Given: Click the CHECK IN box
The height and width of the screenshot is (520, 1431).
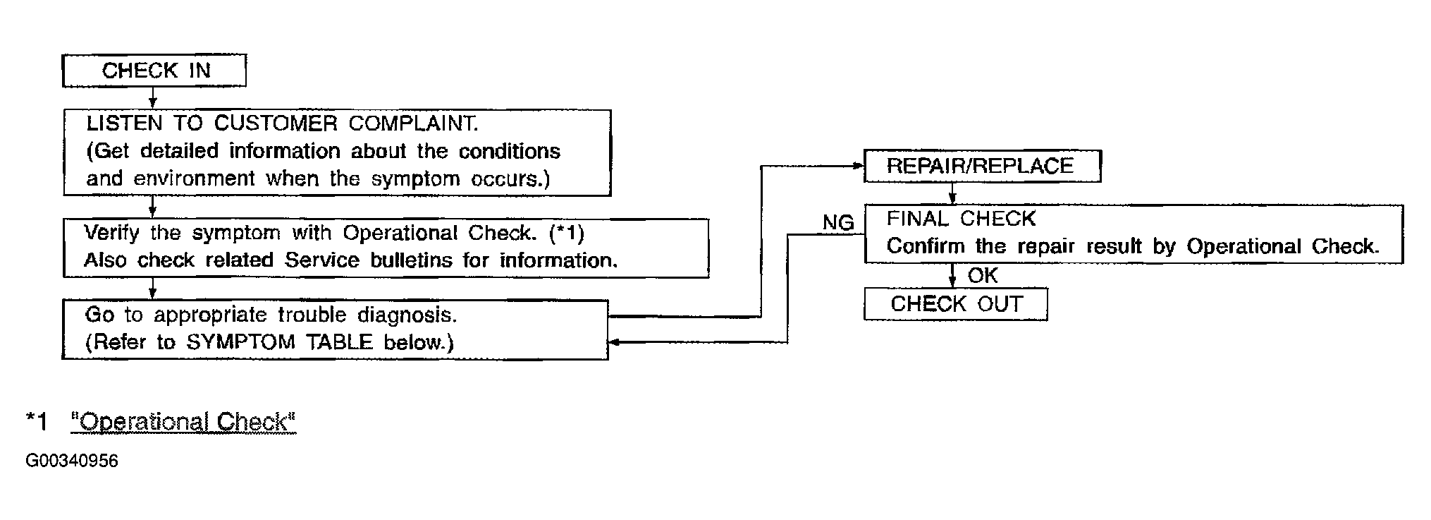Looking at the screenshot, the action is (x=154, y=71).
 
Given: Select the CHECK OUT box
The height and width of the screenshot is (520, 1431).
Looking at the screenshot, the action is (x=956, y=304).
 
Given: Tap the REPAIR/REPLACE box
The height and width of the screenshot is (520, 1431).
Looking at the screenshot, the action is (x=982, y=166).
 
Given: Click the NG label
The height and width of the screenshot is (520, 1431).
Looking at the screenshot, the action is (x=838, y=223).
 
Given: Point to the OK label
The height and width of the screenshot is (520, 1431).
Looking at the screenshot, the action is (x=983, y=275).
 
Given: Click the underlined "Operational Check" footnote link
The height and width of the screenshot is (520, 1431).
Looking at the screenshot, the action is (x=183, y=422).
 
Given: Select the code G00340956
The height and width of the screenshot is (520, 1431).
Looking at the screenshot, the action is (x=72, y=461).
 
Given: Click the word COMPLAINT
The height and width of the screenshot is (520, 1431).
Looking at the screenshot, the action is (x=413, y=123).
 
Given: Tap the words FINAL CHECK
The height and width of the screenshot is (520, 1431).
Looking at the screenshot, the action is (x=961, y=219).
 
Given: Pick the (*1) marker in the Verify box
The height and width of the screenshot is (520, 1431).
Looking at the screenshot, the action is (x=566, y=232).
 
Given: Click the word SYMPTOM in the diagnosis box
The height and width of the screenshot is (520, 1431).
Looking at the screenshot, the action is (x=240, y=342).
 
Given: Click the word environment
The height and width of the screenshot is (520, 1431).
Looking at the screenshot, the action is (x=195, y=179).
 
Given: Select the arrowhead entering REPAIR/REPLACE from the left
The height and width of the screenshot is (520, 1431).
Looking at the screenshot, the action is (x=859, y=167).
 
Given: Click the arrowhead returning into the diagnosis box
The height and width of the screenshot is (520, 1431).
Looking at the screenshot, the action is (x=614, y=342).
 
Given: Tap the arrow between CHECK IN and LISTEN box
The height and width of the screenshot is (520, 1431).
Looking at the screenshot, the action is (x=152, y=98).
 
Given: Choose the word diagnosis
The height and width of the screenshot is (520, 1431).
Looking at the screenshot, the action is (x=407, y=315).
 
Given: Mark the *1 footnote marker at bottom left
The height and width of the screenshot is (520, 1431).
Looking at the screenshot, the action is (x=36, y=421).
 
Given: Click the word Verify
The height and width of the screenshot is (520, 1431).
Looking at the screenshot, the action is (x=111, y=233).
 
